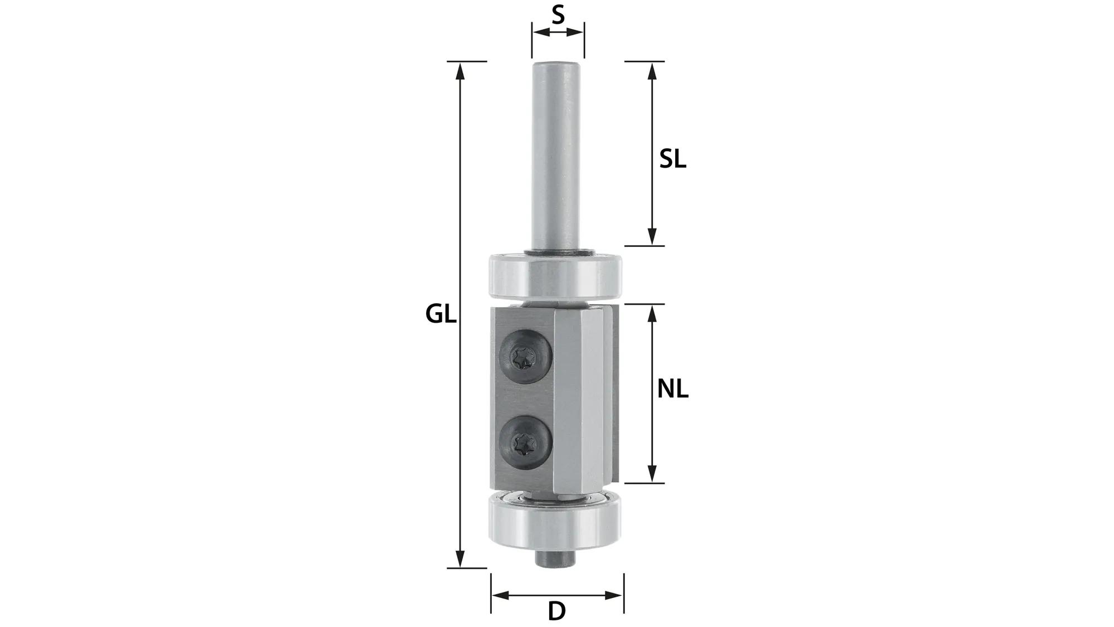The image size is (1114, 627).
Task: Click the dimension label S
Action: [558, 15]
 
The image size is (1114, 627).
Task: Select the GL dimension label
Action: [441, 315]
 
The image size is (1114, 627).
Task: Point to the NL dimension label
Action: [672, 390]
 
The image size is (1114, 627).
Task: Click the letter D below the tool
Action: [556, 611]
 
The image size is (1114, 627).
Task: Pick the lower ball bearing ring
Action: [556, 524]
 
